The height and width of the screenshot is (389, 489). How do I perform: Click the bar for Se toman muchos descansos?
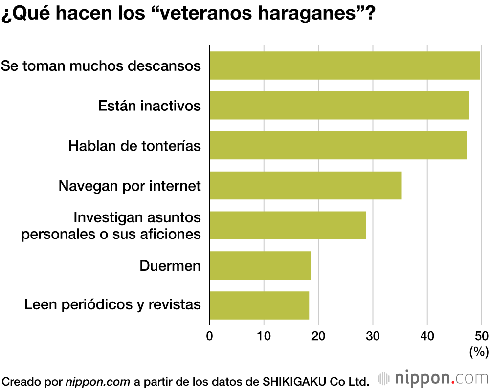click(345, 65)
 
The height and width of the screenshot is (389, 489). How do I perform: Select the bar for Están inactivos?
click(339, 106)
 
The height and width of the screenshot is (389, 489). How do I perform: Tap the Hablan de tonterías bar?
click(338, 145)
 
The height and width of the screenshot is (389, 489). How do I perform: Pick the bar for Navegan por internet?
click(306, 185)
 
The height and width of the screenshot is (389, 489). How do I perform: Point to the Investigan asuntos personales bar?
click(288, 225)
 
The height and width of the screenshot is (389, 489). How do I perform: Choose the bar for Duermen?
click(261, 265)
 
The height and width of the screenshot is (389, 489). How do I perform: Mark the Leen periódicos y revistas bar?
click(259, 305)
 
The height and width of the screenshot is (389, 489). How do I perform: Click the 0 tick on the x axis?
click(210, 336)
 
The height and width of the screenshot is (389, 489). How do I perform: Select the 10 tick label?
click(264, 336)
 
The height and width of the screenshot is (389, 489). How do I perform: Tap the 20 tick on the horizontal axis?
click(318, 336)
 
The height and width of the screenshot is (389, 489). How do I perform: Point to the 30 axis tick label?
click(373, 336)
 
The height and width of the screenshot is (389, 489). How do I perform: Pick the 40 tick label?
click(427, 336)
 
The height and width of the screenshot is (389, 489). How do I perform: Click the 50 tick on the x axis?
click(481, 336)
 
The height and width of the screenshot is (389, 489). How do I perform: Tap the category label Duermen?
click(170, 266)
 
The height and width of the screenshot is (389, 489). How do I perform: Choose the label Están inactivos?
click(150, 106)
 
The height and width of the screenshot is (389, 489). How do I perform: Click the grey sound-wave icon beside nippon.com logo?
click(384, 378)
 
